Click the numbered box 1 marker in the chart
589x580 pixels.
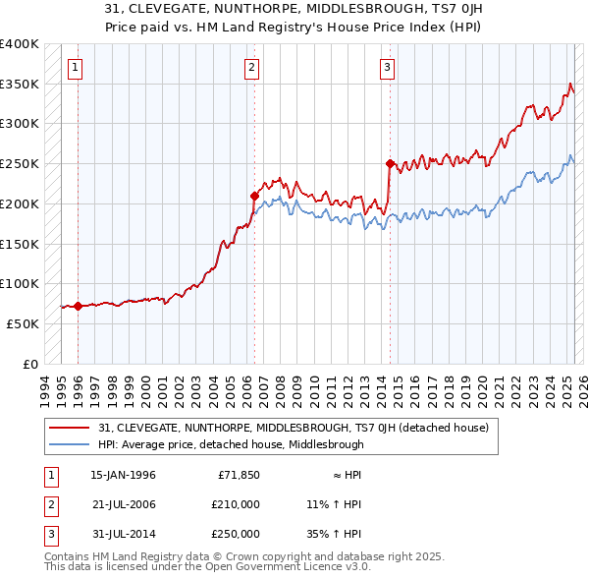(76, 67)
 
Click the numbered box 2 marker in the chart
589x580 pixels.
(252, 67)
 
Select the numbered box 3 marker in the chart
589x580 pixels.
(388, 67)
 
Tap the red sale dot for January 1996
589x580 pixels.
(78, 307)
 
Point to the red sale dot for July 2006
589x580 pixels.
(254, 196)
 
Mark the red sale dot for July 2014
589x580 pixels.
(390, 163)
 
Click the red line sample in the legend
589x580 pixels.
(69, 428)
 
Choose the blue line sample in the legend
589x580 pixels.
(69, 444)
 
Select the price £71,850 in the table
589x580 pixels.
(239, 475)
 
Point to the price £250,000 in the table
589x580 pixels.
(236, 534)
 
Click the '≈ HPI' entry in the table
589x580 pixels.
(343, 475)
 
